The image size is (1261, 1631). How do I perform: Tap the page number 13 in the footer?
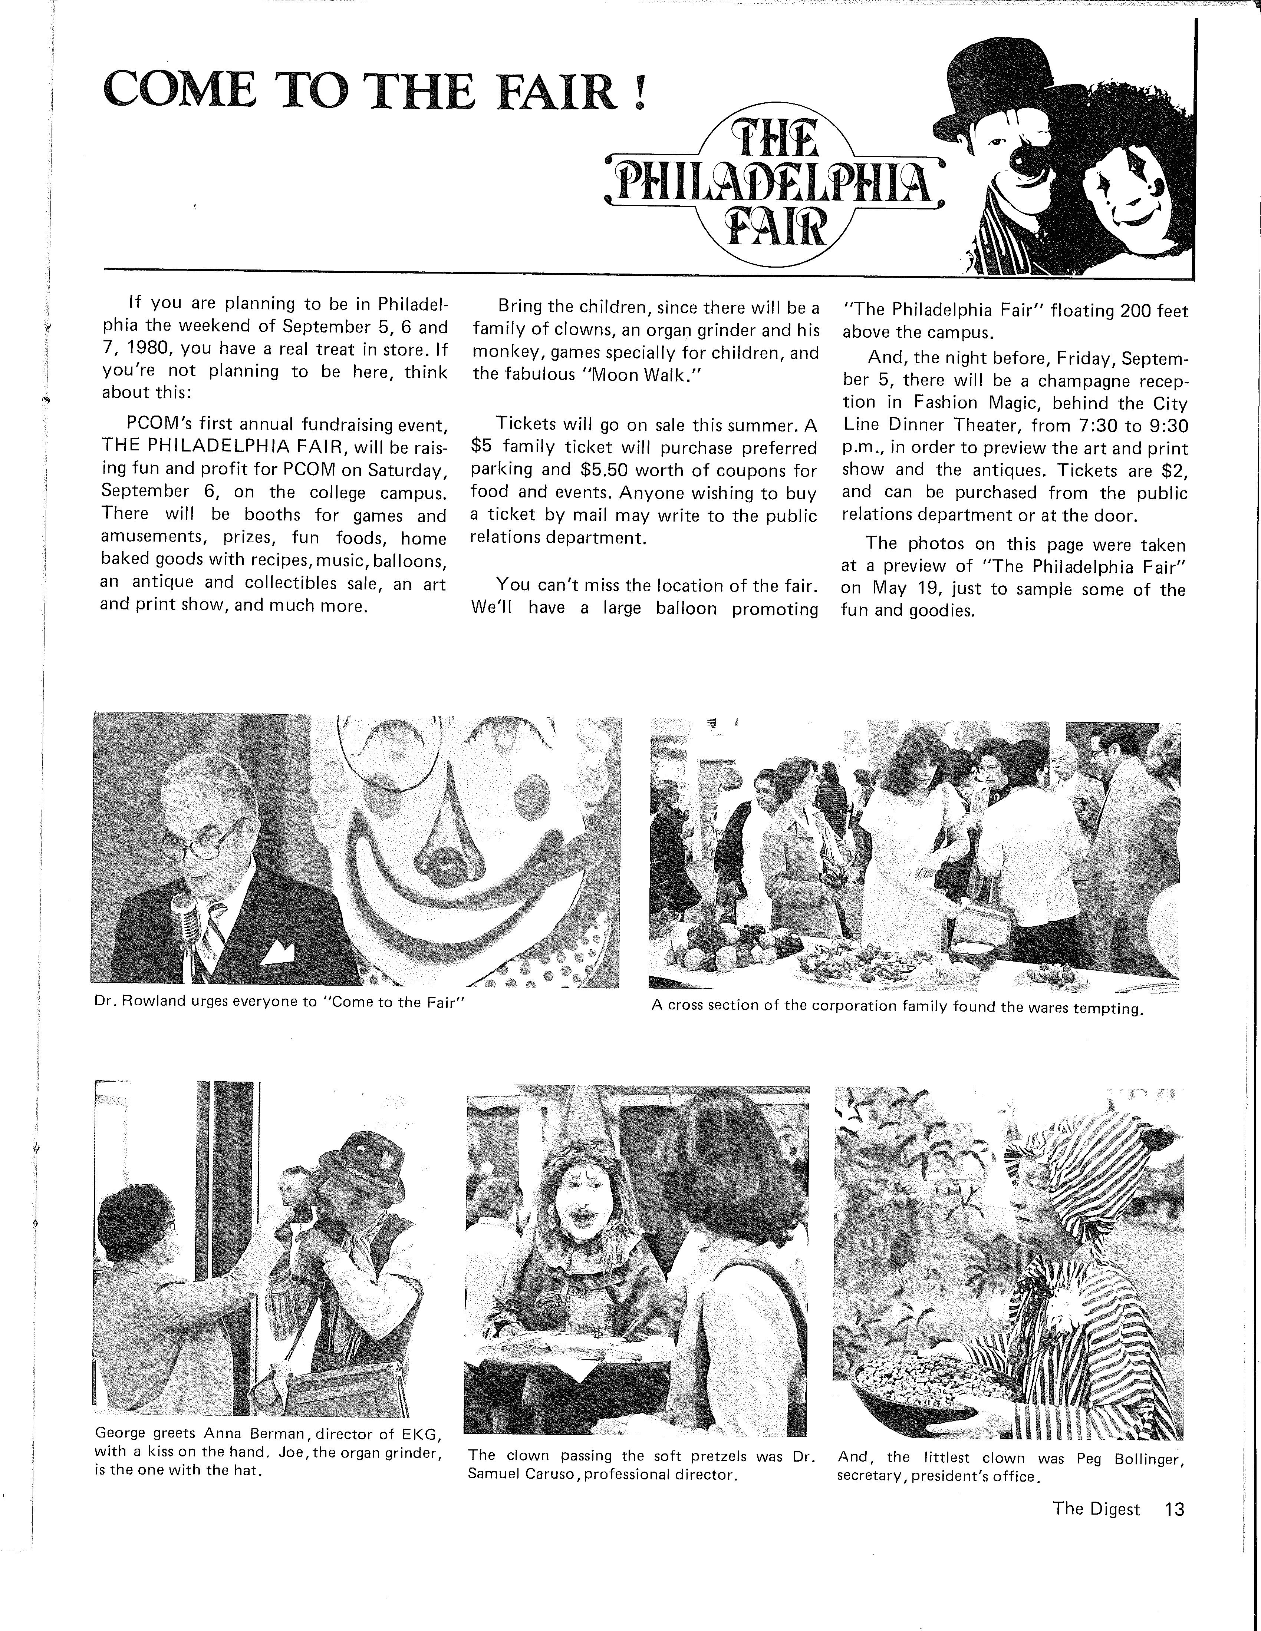pyautogui.click(x=1174, y=1509)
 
